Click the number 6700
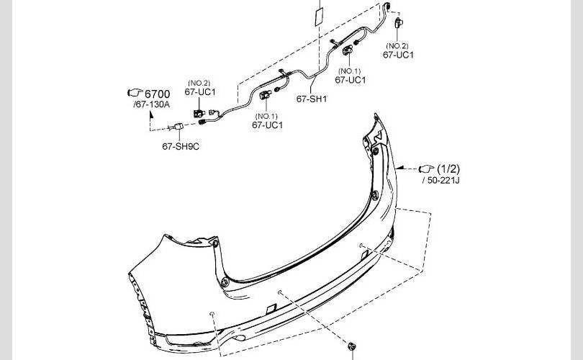[x=157, y=94]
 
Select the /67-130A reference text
[x=151, y=104]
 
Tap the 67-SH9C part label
[x=181, y=147]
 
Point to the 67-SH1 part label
[x=312, y=99]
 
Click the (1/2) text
[x=448, y=169]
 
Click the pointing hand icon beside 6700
[x=135, y=92]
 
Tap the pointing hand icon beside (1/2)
[x=427, y=169]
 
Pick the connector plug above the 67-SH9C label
[x=178, y=127]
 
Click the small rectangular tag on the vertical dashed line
[x=319, y=17]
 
